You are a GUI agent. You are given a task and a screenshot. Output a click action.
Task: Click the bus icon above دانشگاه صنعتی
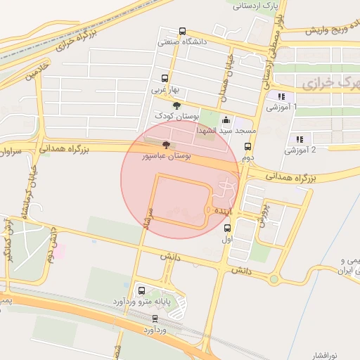183,32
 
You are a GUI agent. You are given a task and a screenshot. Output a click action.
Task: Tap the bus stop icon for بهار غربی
165,79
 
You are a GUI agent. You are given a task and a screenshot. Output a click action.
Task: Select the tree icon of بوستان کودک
176,105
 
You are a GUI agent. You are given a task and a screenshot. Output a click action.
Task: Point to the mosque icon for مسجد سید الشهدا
226,120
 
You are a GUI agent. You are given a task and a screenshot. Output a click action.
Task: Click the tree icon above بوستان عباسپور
166,145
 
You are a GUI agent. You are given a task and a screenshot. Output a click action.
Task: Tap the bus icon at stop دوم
247,146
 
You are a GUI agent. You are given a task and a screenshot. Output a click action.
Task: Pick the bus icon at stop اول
226,228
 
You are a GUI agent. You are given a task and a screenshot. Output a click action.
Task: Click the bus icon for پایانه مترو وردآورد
141,290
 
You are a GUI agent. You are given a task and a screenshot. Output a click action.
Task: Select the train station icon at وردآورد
155,318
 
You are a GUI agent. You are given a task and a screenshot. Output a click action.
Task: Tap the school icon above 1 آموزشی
281,96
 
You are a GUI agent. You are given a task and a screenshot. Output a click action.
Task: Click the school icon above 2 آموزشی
300,139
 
